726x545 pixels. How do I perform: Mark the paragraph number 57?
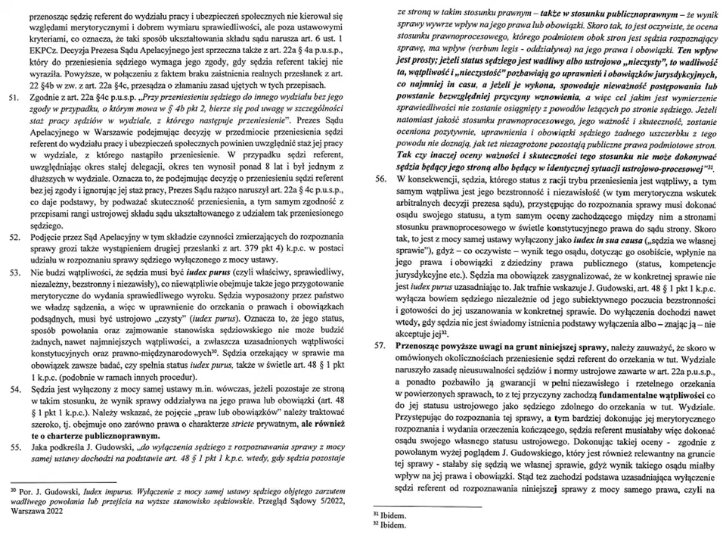[x=380, y=345]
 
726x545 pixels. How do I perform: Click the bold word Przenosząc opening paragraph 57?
[x=421, y=345]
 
